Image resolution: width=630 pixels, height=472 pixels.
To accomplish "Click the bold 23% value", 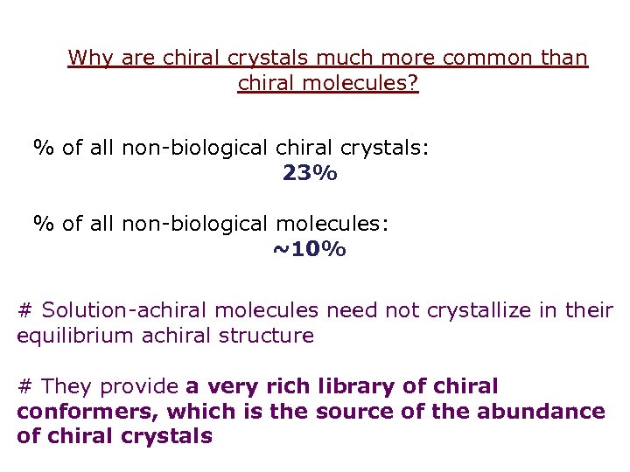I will (x=310, y=173).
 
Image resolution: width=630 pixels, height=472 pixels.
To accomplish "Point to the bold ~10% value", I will (x=309, y=250).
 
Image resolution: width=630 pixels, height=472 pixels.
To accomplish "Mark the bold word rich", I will (x=266, y=386).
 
